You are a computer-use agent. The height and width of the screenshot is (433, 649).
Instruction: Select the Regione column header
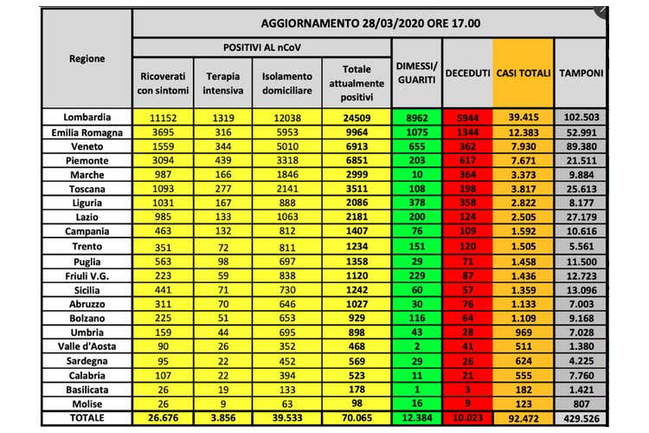click(87, 59)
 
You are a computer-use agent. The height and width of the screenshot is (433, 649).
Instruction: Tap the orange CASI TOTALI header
click(523, 73)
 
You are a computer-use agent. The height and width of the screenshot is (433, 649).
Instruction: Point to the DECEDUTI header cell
click(468, 73)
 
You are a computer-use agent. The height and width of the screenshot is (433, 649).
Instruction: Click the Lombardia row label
click(87, 118)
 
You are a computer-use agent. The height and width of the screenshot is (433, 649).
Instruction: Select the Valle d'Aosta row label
click(87, 346)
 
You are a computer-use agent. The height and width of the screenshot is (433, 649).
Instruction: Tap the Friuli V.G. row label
click(87, 275)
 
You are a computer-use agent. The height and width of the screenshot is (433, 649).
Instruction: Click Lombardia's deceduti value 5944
click(468, 118)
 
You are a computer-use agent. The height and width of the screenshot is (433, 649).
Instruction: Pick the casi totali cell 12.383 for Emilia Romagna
click(523, 132)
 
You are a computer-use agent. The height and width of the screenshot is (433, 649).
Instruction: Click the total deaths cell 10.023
click(468, 417)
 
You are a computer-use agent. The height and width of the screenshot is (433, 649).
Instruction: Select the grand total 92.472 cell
click(523, 417)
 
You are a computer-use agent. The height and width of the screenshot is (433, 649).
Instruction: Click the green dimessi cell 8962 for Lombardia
click(417, 118)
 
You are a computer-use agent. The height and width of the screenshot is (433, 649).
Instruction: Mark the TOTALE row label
click(87, 417)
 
